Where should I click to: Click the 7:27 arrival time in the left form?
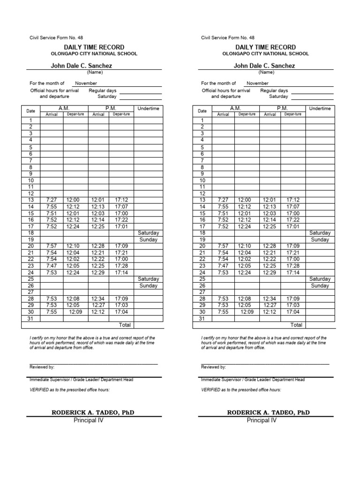(52, 200)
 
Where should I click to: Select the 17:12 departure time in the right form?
(293, 200)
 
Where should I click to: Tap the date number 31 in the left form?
(31, 318)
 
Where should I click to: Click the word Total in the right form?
(296, 325)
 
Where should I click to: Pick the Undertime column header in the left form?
(149, 109)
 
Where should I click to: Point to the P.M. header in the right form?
(282, 108)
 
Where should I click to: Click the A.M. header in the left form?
(64, 108)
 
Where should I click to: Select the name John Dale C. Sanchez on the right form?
(264, 66)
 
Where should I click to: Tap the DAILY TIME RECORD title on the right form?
(265, 47)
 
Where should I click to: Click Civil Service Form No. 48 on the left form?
(56, 37)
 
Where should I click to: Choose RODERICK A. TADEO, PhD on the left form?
(95, 412)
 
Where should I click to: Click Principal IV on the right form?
(262, 420)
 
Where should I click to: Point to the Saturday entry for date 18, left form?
(149, 233)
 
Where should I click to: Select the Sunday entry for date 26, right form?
(320, 285)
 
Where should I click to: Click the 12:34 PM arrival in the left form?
(98, 299)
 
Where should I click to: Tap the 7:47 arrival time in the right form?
(223, 266)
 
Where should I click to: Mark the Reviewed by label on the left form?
(42, 367)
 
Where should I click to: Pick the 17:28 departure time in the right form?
(293, 266)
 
